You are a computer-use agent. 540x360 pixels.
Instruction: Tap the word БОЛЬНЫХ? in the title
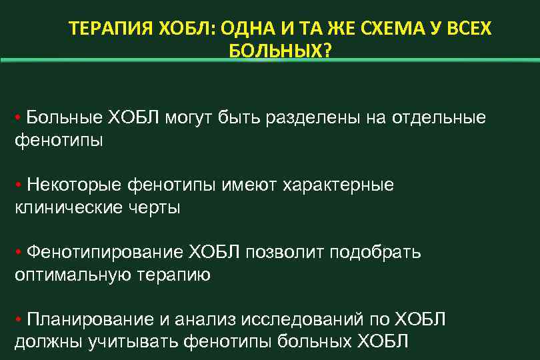[279, 52]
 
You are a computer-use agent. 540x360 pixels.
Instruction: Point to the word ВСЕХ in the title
[467, 30]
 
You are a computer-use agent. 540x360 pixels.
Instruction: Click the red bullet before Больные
[18, 119]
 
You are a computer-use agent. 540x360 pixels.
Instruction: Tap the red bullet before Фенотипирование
[18, 252]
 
